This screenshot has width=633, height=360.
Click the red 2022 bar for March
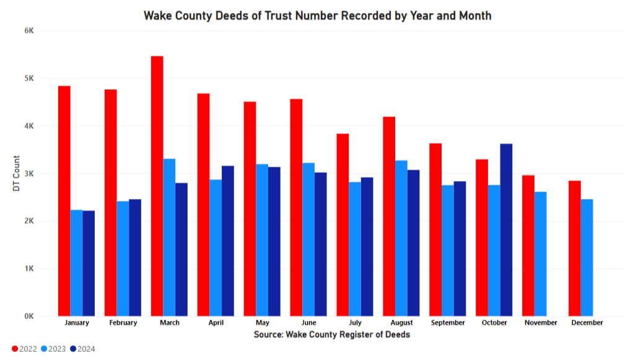[x=157, y=186]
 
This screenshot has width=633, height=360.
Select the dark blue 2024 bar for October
[x=506, y=230]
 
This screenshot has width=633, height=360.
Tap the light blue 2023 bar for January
[x=76, y=263]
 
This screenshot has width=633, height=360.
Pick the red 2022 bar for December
[x=575, y=248]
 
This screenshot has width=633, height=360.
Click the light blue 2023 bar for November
[x=540, y=254]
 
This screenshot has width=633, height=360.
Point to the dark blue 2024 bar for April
[x=228, y=241]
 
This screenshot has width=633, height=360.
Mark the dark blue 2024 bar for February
[x=135, y=258]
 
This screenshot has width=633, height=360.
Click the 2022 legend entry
[x=24, y=349]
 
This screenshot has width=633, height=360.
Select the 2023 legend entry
[x=53, y=349]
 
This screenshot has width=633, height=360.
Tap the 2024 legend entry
[x=82, y=349]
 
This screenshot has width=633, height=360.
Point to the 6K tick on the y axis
[x=28, y=30]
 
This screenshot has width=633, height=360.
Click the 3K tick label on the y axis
[x=28, y=173]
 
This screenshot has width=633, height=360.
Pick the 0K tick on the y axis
[x=28, y=317]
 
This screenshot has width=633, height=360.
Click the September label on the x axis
[x=448, y=323]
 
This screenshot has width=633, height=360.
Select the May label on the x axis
[x=262, y=323]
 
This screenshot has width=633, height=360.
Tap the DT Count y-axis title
[x=16, y=173]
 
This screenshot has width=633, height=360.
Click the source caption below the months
[x=331, y=335]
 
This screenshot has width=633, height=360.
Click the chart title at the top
[x=317, y=15]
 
